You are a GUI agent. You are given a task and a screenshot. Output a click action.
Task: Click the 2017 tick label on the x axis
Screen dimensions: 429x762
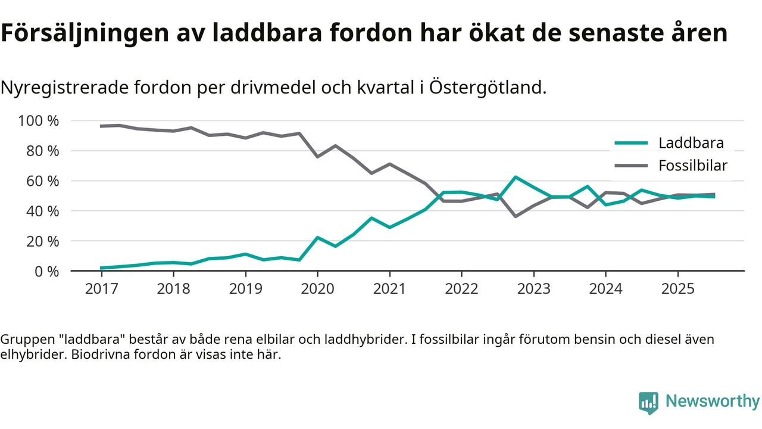pos(101,289)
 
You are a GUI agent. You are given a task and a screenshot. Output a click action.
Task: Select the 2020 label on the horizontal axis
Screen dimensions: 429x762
pos(317,289)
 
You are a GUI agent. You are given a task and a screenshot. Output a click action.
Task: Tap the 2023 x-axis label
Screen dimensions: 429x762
pos(533,289)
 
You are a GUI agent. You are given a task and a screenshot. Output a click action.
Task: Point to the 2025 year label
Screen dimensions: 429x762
pos(677,289)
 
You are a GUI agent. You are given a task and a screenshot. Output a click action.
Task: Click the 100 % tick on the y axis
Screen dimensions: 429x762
pos(39,121)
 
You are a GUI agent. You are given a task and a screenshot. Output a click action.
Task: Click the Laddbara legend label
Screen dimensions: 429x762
pos(691,143)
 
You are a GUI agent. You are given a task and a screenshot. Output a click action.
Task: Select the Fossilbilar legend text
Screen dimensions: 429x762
pos(693,166)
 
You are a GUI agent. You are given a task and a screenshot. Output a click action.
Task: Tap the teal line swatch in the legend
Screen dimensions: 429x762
pos(630,143)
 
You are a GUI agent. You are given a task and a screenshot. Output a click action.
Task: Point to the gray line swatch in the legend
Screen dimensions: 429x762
pos(630,166)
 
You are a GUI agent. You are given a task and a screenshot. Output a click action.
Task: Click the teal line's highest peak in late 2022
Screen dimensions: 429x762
pos(515,177)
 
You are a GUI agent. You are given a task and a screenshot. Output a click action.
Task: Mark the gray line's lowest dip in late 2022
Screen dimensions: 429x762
pos(515,216)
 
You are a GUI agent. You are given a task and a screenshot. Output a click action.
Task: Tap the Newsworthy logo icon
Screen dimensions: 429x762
pos(648,403)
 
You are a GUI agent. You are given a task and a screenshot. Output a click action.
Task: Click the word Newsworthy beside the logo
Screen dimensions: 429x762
pos(713,402)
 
